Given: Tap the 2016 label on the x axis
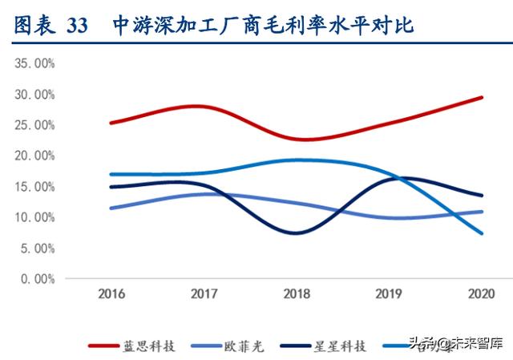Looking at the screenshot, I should click(x=112, y=294).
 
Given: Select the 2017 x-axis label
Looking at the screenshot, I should click(x=204, y=294).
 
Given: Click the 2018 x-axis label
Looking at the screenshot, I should click(x=297, y=294).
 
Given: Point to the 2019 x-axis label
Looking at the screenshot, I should click(x=390, y=294).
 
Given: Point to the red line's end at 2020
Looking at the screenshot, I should click(x=482, y=98).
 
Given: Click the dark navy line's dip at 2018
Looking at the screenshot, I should click(x=297, y=233).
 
